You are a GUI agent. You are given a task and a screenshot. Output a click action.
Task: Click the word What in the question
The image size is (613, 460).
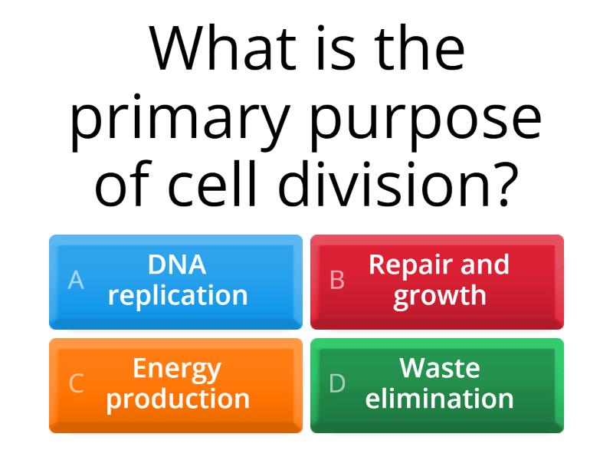pos(222,48)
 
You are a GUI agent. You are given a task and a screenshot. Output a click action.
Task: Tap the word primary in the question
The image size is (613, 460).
pos(180,122)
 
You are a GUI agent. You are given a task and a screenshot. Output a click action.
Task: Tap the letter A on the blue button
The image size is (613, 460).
pos(76,280)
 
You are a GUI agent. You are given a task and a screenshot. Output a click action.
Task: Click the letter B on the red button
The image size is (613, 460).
pos(337,280)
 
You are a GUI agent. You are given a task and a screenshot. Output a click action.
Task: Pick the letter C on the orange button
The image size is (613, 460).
pos(76,383)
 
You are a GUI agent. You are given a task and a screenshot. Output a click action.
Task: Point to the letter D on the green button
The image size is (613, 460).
pos(337,383)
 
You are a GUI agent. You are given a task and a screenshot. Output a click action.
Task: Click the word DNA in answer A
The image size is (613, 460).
pos(177,264)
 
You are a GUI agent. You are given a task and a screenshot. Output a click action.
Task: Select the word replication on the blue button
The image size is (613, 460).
pos(178,297)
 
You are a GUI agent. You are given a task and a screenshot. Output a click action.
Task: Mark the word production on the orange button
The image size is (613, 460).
pos(178,400)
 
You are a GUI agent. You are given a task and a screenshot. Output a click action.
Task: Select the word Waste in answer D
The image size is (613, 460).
pos(439,369)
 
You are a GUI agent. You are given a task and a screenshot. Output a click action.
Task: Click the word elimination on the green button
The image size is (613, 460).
pos(439,398)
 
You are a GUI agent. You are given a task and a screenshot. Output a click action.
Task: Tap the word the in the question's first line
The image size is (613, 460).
pos(419,48)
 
